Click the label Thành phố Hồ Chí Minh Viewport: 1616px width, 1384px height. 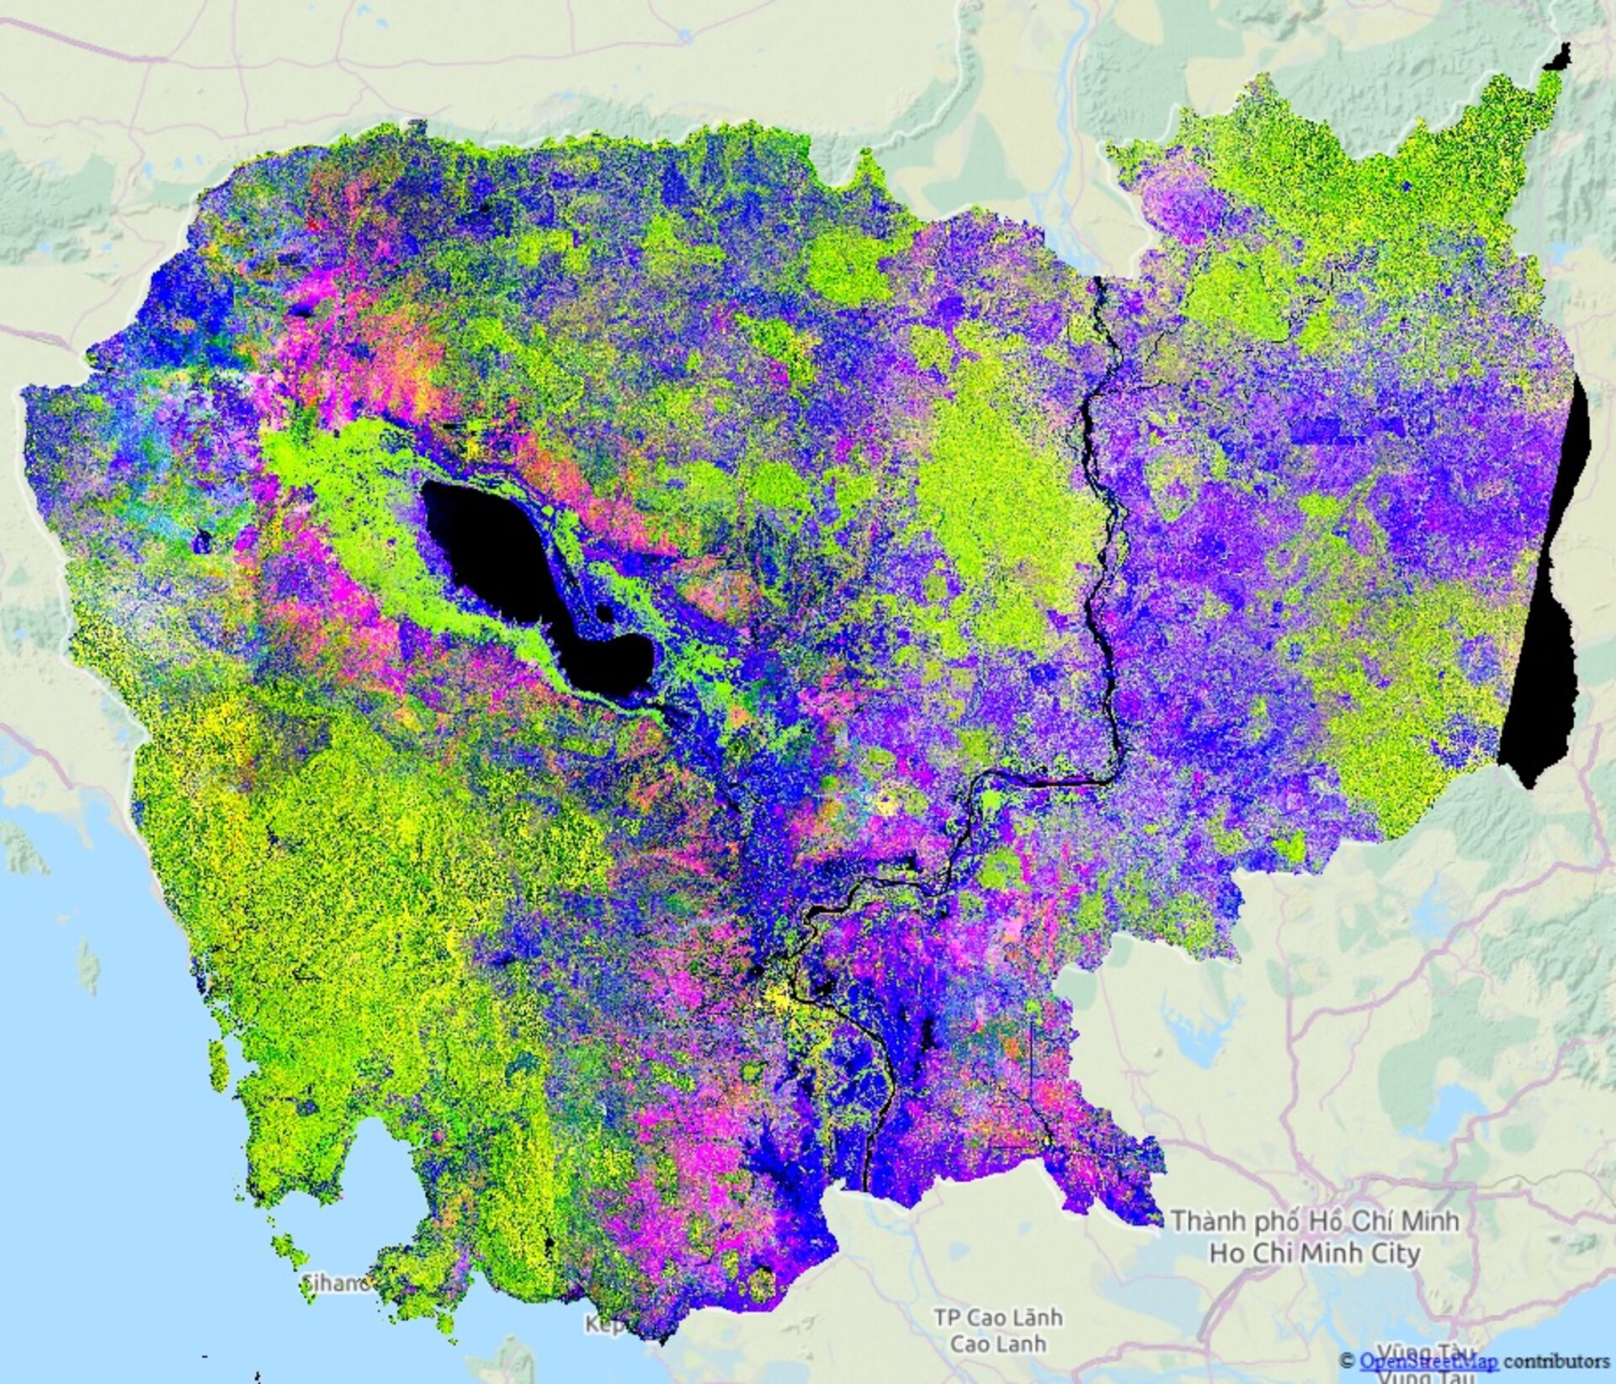pos(1315,1221)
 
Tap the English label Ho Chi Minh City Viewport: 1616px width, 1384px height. pos(1315,1253)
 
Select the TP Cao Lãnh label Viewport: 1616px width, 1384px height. pos(998,1317)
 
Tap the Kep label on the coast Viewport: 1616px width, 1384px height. pos(604,1324)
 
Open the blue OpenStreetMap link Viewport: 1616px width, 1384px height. pos(1427,1360)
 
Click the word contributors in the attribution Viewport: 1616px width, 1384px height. pos(1556,1360)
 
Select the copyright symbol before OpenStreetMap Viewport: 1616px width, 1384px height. pos(1348,1360)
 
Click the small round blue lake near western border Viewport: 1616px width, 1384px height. pos(201,541)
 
